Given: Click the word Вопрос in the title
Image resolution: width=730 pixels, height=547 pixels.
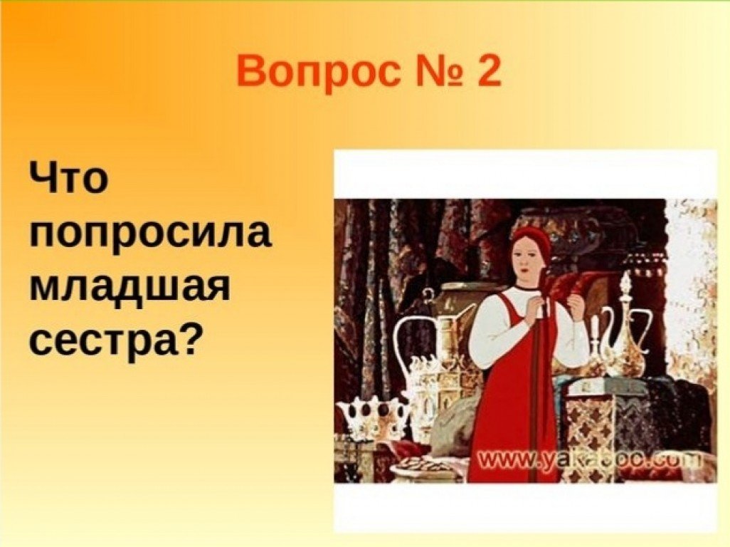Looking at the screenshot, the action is coord(318,71).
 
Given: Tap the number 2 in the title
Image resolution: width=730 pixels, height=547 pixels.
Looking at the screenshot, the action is coord(487,71).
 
